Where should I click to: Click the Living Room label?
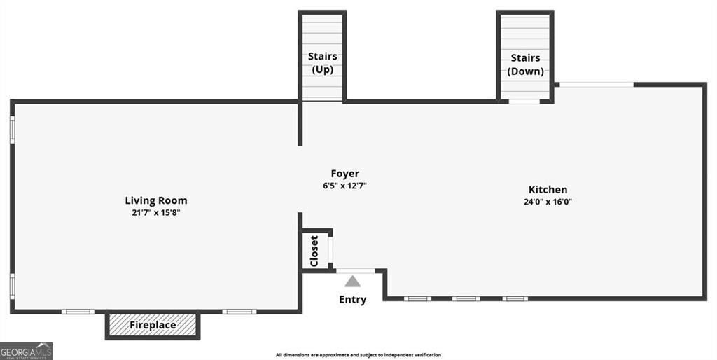(156, 200)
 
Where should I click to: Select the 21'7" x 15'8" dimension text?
(156, 212)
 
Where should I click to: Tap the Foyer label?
(344, 174)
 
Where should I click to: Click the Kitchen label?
(548, 189)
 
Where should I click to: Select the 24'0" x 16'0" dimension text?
(548, 202)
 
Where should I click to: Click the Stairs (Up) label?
(322, 63)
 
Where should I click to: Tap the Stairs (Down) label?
(525, 64)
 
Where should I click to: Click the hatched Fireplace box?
(153, 325)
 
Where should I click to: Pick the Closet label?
(314, 249)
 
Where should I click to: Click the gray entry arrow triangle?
(353, 282)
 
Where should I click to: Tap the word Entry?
(353, 300)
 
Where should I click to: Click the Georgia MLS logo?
(27, 350)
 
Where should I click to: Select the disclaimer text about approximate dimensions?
(358, 355)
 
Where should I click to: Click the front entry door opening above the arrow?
(355, 270)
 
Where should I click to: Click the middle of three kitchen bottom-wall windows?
(466, 298)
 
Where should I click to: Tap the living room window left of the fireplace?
(78, 311)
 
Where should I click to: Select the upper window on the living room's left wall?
(12, 130)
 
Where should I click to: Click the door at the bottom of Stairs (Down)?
(524, 102)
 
